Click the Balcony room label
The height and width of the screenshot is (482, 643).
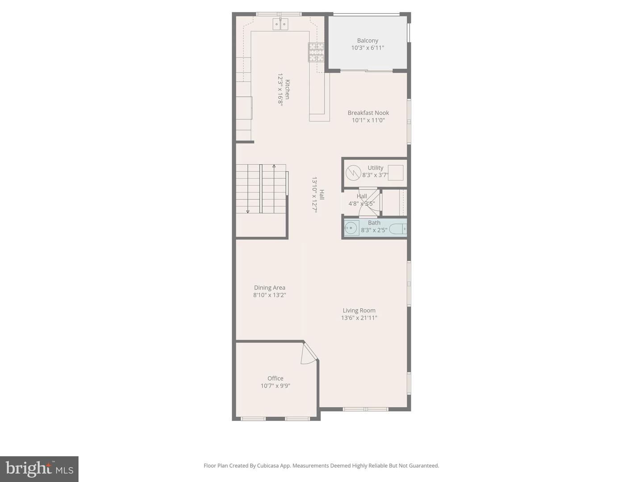click(x=367, y=41)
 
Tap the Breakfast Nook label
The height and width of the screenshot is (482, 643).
click(x=368, y=113)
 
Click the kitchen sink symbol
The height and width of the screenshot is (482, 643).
click(x=280, y=24)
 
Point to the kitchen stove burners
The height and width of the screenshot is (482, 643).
click(x=316, y=52)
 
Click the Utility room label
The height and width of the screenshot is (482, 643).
click(x=375, y=168)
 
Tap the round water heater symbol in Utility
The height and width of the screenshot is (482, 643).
click(x=353, y=172)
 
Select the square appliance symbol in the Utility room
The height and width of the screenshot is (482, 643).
click(x=396, y=173)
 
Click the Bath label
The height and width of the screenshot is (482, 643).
click(x=374, y=223)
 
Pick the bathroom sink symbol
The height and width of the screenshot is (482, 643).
click(x=351, y=228)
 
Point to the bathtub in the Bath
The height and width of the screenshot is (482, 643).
click(x=398, y=229)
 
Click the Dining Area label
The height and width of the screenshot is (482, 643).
click(x=269, y=288)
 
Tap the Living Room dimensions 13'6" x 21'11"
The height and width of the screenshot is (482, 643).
click(x=359, y=318)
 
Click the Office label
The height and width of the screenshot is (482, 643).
click(x=276, y=378)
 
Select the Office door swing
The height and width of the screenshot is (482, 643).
click(x=308, y=355)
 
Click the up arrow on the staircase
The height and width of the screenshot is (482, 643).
click(x=274, y=167)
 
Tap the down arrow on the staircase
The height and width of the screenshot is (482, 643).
click(x=248, y=211)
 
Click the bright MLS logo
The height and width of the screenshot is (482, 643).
click(x=39, y=469)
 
